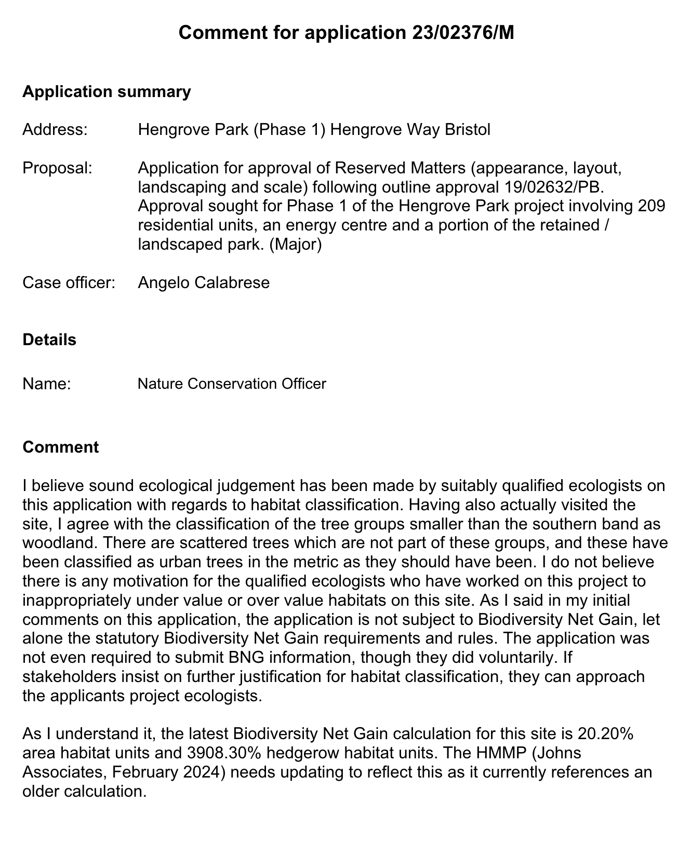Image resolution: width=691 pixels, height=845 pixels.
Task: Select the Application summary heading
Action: pos(107,92)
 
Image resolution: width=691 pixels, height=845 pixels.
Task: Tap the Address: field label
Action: pos(55,129)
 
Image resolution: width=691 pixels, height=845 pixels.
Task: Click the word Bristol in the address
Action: pos(468,129)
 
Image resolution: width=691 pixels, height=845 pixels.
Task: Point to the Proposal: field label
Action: pos(57,168)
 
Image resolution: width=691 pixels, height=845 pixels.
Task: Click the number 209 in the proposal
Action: pos(652,206)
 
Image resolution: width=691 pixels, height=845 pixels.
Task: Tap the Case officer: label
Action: pos(69,283)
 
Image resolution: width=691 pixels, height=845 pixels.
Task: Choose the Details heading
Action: pos(49,340)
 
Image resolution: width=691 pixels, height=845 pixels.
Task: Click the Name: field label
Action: pos(47,384)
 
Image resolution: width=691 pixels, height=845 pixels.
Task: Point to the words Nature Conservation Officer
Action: pos(232,384)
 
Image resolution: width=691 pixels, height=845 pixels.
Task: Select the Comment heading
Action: pos(60,447)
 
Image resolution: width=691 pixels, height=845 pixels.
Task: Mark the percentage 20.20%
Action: pos(605,734)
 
